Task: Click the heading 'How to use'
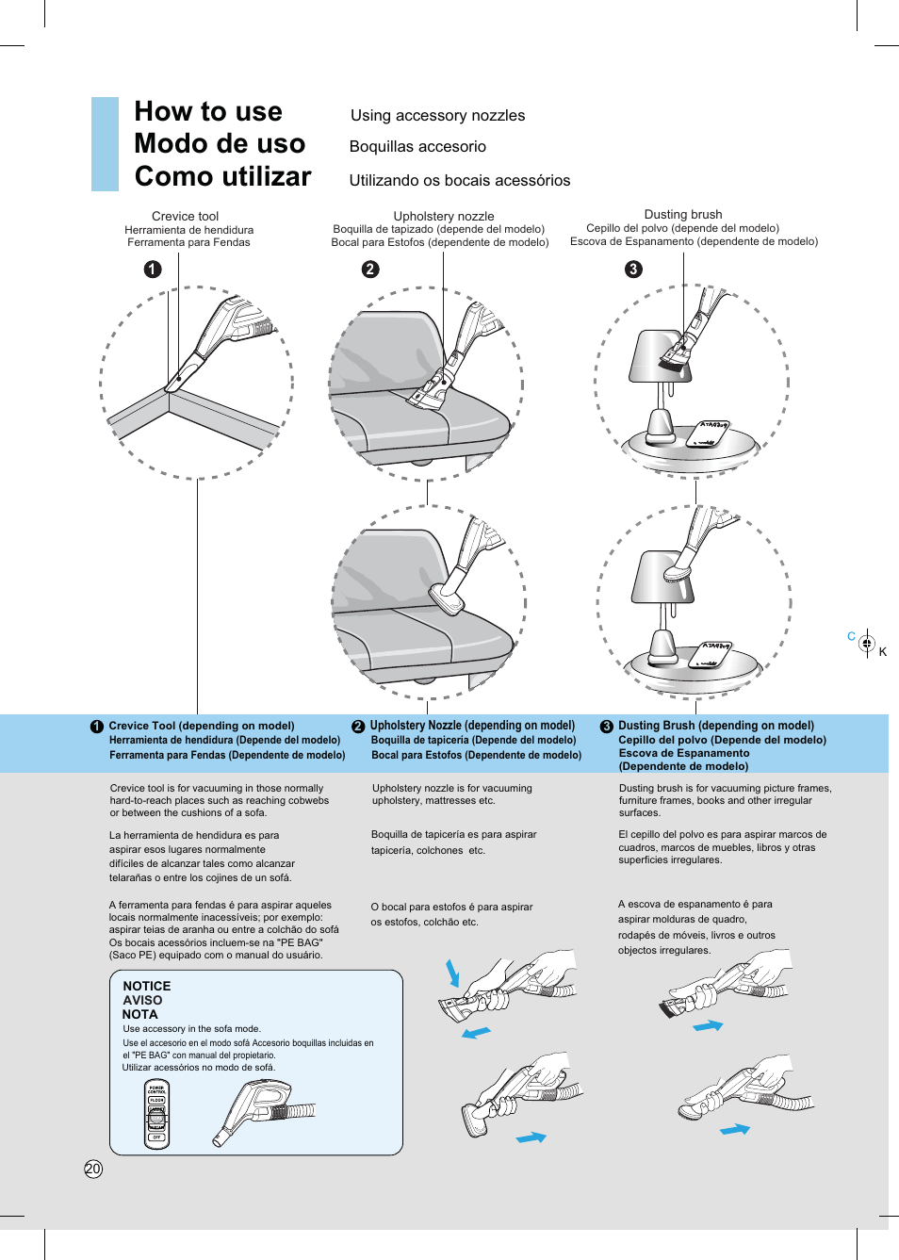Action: [208, 111]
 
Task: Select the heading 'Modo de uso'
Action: [220, 143]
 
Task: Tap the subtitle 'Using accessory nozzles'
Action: [437, 115]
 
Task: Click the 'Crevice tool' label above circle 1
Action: [185, 216]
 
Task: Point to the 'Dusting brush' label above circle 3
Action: [682, 214]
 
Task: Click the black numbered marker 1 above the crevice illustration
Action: [153, 270]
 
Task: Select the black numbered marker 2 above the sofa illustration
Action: [370, 270]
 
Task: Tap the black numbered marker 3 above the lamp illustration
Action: [633, 270]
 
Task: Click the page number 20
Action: [92, 1169]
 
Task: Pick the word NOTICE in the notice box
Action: [147, 986]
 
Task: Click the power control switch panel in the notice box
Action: [157, 1114]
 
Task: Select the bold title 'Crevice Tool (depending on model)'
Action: [201, 726]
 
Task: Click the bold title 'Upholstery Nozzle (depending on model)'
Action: [472, 726]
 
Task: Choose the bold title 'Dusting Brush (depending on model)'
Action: [715, 726]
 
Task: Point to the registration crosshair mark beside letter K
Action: [867, 645]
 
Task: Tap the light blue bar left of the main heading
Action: [105, 144]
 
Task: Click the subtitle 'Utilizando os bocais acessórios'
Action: [459, 180]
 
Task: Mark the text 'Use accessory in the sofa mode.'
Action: [191, 1029]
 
